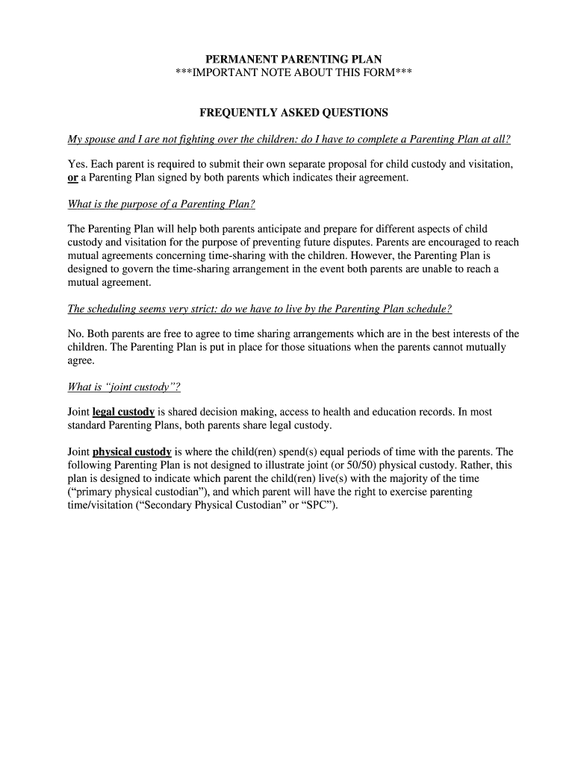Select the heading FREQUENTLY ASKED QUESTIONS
click(293, 113)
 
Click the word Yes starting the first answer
click(76, 164)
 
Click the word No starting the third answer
click(75, 334)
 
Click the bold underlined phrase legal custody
click(123, 412)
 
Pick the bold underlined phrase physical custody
click(132, 451)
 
